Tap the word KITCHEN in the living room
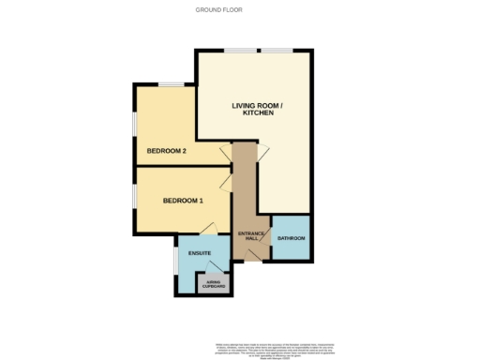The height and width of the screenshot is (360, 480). click(x=258, y=113)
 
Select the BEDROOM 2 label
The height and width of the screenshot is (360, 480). click(x=166, y=151)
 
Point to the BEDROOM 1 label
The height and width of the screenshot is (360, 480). click(x=183, y=201)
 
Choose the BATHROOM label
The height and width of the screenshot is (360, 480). click(x=291, y=239)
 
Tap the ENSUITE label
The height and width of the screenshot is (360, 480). click(x=200, y=253)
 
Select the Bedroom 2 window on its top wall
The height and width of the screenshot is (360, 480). click(x=170, y=85)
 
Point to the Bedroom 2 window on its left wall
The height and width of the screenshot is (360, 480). click(x=135, y=122)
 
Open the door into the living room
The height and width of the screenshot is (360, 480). click(x=263, y=150)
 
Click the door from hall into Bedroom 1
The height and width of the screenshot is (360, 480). click(x=226, y=182)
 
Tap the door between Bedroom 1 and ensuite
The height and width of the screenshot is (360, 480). click(x=210, y=228)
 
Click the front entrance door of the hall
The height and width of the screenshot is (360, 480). click(x=250, y=259)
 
